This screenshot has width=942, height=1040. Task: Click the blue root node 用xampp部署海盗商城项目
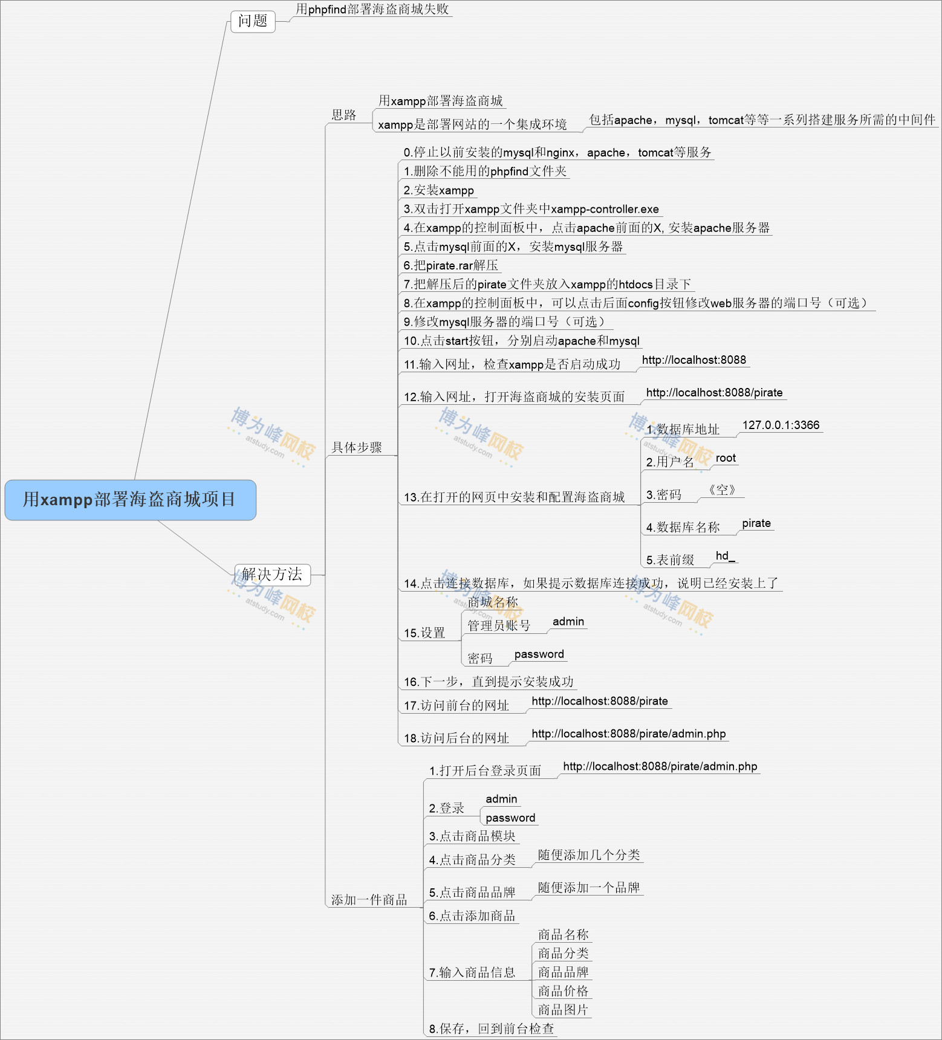(x=130, y=500)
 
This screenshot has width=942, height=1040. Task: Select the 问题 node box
(x=253, y=21)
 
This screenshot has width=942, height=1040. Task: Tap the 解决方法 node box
(x=272, y=574)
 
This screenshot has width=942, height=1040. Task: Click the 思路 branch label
(x=344, y=115)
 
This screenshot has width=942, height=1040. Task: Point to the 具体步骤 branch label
(x=357, y=447)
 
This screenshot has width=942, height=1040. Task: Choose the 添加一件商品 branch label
(x=369, y=900)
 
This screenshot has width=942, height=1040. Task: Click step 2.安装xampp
(x=439, y=190)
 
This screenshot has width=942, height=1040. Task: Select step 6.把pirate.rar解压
(x=451, y=265)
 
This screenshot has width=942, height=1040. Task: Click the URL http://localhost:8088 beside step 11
(x=694, y=360)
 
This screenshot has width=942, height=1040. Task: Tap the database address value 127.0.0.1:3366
(x=781, y=425)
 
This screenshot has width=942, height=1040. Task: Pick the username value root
(x=726, y=458)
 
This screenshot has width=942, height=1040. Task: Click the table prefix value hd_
(x=725, y=556)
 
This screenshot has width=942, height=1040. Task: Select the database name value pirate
(x=756, y=523)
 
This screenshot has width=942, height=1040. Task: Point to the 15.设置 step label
(x=424, y=633)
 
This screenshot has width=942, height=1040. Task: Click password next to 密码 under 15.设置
(x=539, y=654)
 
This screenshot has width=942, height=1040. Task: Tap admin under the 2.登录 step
(x=501, y=799)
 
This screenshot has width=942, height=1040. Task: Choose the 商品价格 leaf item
(x=563, y=991)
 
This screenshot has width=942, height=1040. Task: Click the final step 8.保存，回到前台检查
(x=492, y=1029)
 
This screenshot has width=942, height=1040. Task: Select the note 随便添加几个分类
(x=589, y=855)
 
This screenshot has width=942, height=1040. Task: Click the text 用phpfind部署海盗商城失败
(x=372, y=9)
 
